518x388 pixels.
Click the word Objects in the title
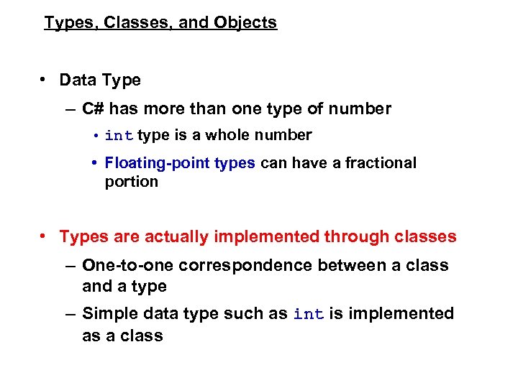pyautogui.click(x=245, y=23)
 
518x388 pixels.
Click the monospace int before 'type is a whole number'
pyautogui.click(x=119, y=136)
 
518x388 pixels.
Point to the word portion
pyautogui.click(x=131, y=182)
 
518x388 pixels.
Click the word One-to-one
pyautogui.click(x=128, y=266)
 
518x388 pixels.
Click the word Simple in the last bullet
pyautogui.click(x=109, y=314)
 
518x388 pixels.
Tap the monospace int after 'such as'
pyautogui.click(x=308, y=315)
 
